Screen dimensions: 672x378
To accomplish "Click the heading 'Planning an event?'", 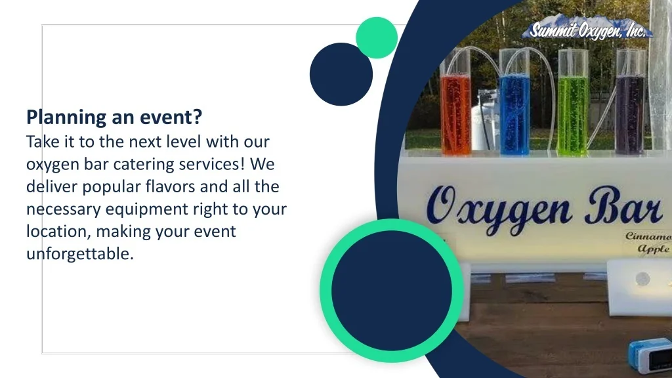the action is pos(114,117).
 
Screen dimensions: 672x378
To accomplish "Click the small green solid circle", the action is pos(377,37).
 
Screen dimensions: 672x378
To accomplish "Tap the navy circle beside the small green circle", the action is pos(341,74).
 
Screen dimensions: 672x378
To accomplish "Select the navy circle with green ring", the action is pos(392,291).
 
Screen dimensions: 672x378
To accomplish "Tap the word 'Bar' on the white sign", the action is pos(624,205).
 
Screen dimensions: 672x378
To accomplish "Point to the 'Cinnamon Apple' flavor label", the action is pos(648,243).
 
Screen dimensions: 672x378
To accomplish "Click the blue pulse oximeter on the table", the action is pos(650,355).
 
